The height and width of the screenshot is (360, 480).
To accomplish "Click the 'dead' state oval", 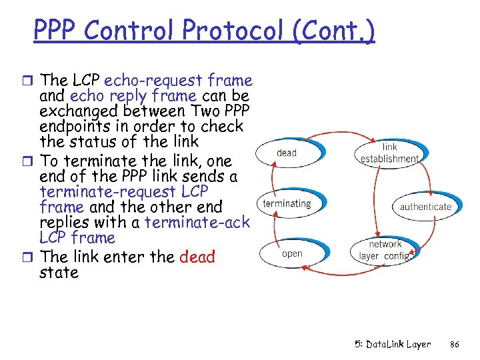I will [286, 153].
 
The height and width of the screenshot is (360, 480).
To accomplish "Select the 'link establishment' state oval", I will [390, 153].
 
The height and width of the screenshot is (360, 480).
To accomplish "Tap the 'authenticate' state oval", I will [425, 207].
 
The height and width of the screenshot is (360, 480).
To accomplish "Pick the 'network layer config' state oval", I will [385, 250].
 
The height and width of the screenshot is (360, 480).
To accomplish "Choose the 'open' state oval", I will [292, 253].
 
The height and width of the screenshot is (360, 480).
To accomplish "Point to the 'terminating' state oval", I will [287, 203].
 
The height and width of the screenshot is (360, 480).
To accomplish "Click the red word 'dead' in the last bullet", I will [197, 257].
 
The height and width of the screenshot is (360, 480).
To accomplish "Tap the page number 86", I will [455, 345].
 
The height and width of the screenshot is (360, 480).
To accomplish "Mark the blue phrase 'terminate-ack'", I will [197, 222].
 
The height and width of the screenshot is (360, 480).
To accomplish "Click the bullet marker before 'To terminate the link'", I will [31, 161].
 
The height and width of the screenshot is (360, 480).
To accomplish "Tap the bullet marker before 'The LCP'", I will [31, 81].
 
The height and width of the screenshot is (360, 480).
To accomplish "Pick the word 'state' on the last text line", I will [59, 273].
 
